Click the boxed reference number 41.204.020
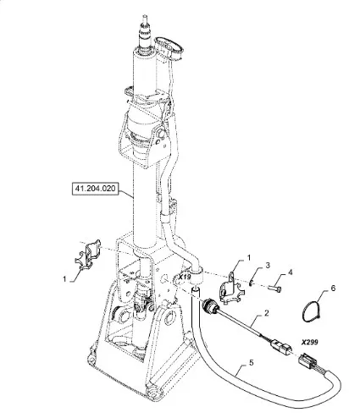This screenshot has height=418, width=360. (95, 188)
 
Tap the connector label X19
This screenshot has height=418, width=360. (185, 277)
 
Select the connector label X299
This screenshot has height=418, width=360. (309, 342)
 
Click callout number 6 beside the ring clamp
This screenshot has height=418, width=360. (333, 289)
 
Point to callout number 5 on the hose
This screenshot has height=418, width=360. (252, 362)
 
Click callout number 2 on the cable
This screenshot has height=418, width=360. (266, 313)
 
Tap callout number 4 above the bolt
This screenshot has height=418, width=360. (290, 272)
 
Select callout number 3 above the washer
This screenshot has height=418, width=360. (268, 266)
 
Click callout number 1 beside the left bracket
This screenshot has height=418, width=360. (65, 279)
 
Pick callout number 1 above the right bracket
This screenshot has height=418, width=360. (249, 257)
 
